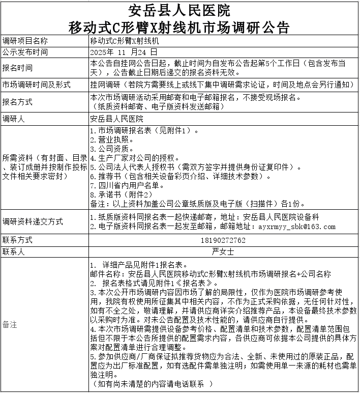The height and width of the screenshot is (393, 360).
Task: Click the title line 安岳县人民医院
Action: (x=179, y=10)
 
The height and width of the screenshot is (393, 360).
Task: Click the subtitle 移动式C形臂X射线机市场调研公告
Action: (x=179, y=26)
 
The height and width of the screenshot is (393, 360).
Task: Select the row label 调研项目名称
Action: (x=25, y=41)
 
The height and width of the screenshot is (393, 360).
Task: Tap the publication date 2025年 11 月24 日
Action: (x=124, y=52)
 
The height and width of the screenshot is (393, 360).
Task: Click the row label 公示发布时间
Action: (x=25, y=52)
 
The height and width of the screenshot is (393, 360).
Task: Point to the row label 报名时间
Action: (x=18, y=68)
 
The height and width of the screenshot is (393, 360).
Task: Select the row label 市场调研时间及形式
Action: (x=37, y=84)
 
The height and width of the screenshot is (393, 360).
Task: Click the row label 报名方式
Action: (x=18, y=102)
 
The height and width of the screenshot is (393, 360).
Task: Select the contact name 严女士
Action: (x=223, y=251)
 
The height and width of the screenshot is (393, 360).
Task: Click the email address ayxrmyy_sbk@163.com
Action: (x=297, y=227)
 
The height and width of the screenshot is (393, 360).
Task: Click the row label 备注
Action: (x=10, y=324)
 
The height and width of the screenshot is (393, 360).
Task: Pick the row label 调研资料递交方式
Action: (x=33, y=221)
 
